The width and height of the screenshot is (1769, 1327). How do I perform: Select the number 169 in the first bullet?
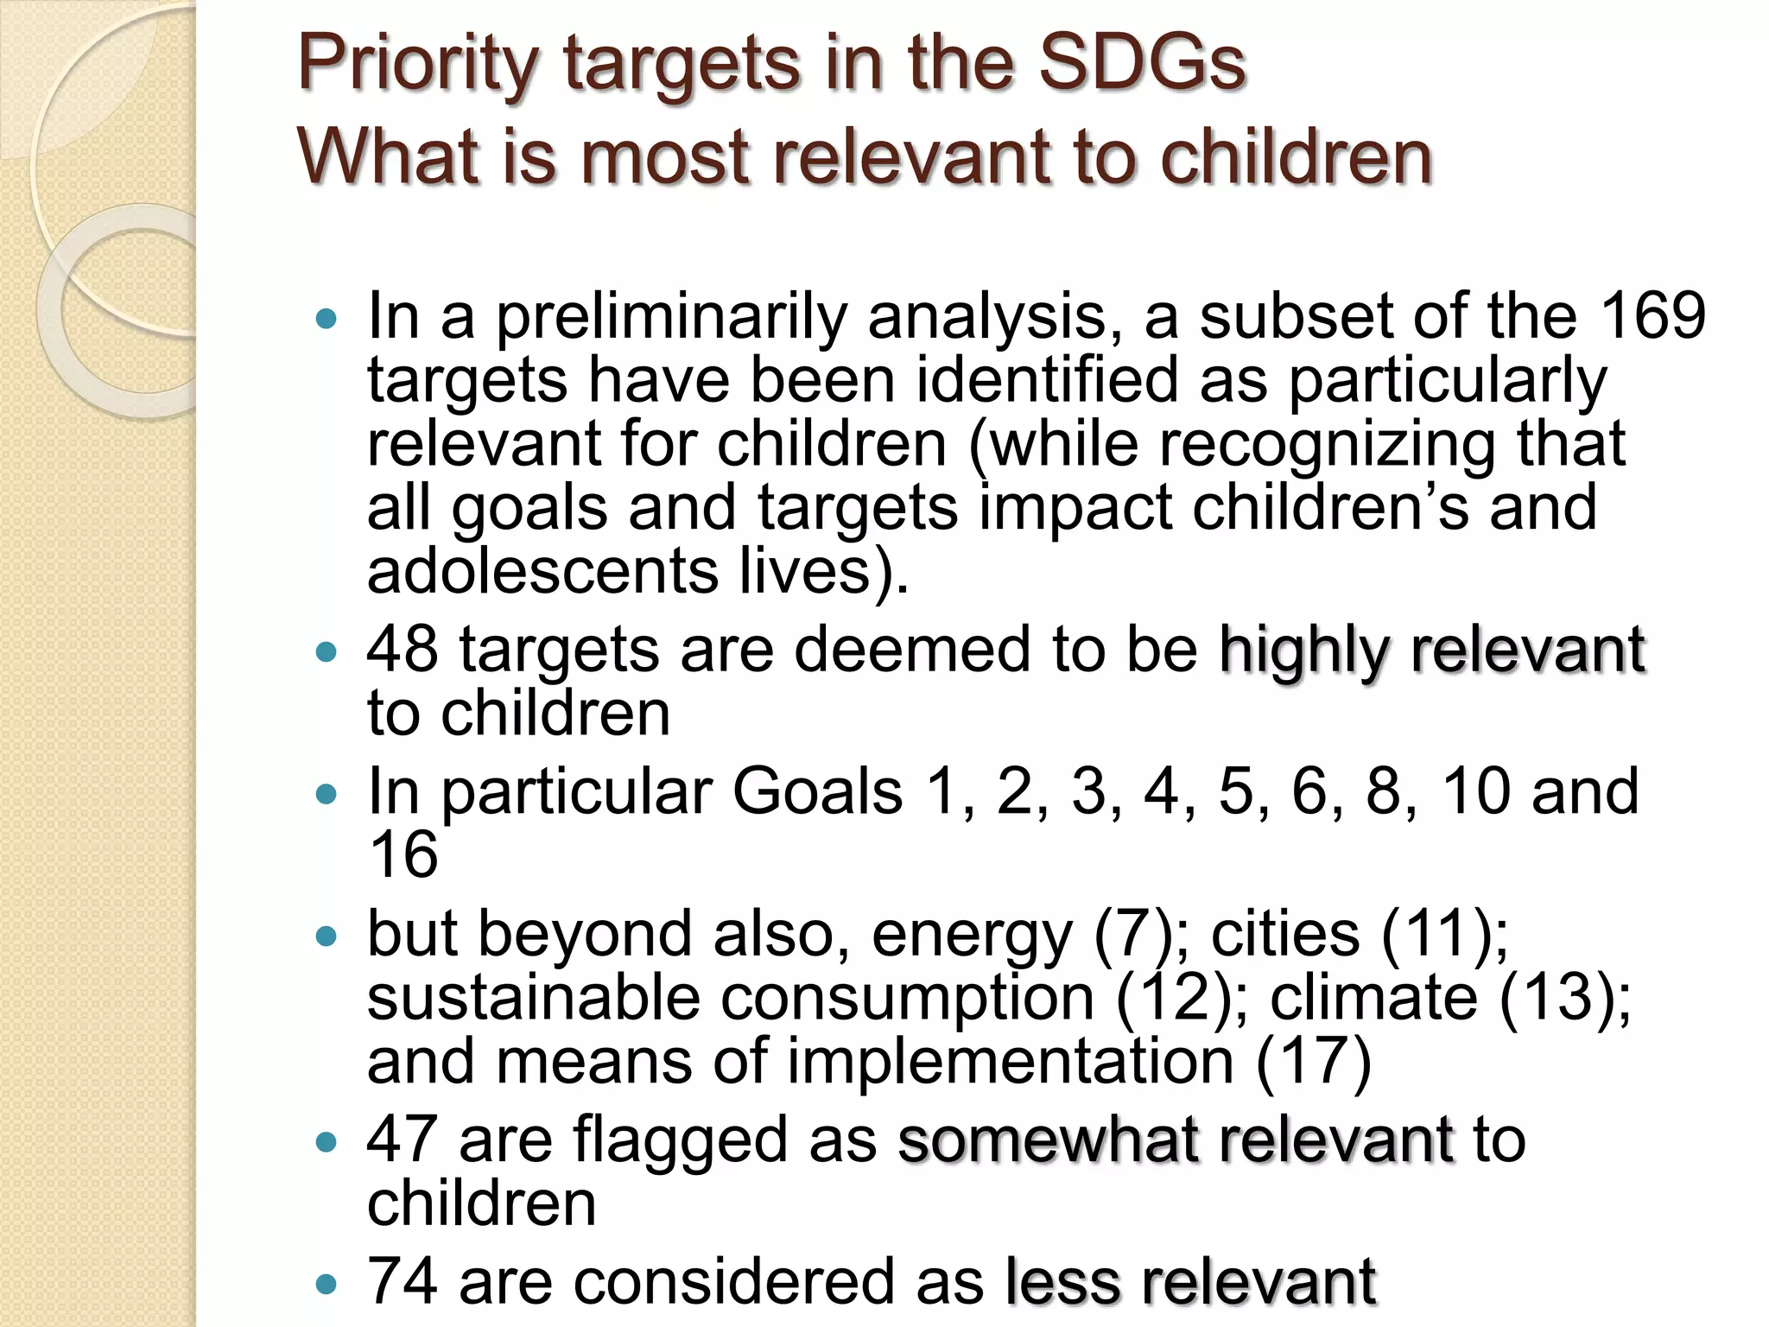(1652, 315)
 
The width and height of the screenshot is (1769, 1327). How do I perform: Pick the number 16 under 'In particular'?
(403, 854)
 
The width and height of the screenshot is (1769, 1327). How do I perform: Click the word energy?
(971, 937)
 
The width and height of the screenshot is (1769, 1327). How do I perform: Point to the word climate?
(1373, 998)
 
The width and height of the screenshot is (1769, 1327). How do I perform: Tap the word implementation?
(1010, 1063)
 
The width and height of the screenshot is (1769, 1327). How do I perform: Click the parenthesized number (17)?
(1314, 1062)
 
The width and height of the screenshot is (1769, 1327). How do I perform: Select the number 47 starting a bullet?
(403, 1139)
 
